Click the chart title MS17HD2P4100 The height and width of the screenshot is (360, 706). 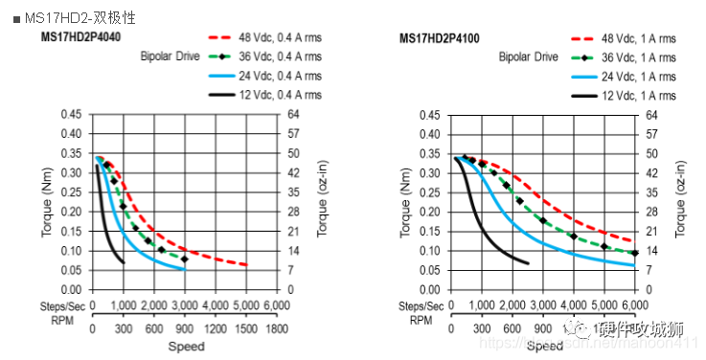tap(440, 38)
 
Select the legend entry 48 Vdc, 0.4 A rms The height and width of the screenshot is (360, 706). tap(272, 38)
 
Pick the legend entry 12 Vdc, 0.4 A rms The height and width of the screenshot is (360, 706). tap(272, 95)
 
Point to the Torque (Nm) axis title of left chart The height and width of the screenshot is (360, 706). tap(47, 201)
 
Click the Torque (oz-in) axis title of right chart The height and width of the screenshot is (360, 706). tap(683, 201)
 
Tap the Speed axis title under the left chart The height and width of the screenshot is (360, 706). tap(186, 346)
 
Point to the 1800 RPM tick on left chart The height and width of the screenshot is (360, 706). tap(277, 328)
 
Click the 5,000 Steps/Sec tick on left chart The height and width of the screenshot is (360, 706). tap(246, 305)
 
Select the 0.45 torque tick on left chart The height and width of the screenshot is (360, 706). tap(71, 114)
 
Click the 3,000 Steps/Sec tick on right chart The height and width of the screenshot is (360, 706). tap(543, 305)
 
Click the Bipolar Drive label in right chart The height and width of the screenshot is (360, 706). tap(528, 57)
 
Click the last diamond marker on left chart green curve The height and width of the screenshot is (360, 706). tap(185, 259)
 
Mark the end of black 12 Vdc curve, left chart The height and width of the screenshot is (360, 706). tap(124, 262)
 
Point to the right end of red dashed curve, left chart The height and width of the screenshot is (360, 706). tap(246, 265)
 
